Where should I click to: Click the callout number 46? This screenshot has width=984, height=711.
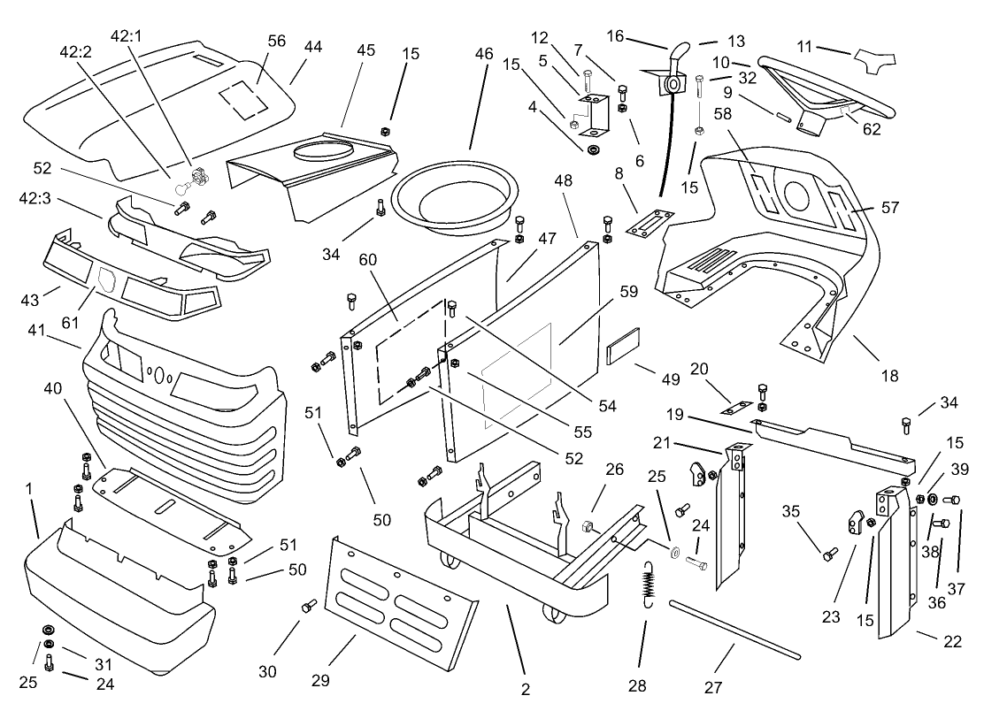[x=483, y=53]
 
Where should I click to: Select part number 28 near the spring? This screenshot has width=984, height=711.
[x=636, y=685]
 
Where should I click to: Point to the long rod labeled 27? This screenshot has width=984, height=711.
[x=734, y=629]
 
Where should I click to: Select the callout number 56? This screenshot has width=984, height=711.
[x=277, y=42]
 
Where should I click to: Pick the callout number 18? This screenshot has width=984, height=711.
[x=889, y=376]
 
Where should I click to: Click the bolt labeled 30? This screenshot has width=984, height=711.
[x=310, y=607]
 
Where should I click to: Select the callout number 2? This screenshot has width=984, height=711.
[x=525, y=689]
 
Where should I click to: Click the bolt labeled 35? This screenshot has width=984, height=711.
[x=830, y=554]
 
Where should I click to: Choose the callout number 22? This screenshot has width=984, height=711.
[x=952, y=642]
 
